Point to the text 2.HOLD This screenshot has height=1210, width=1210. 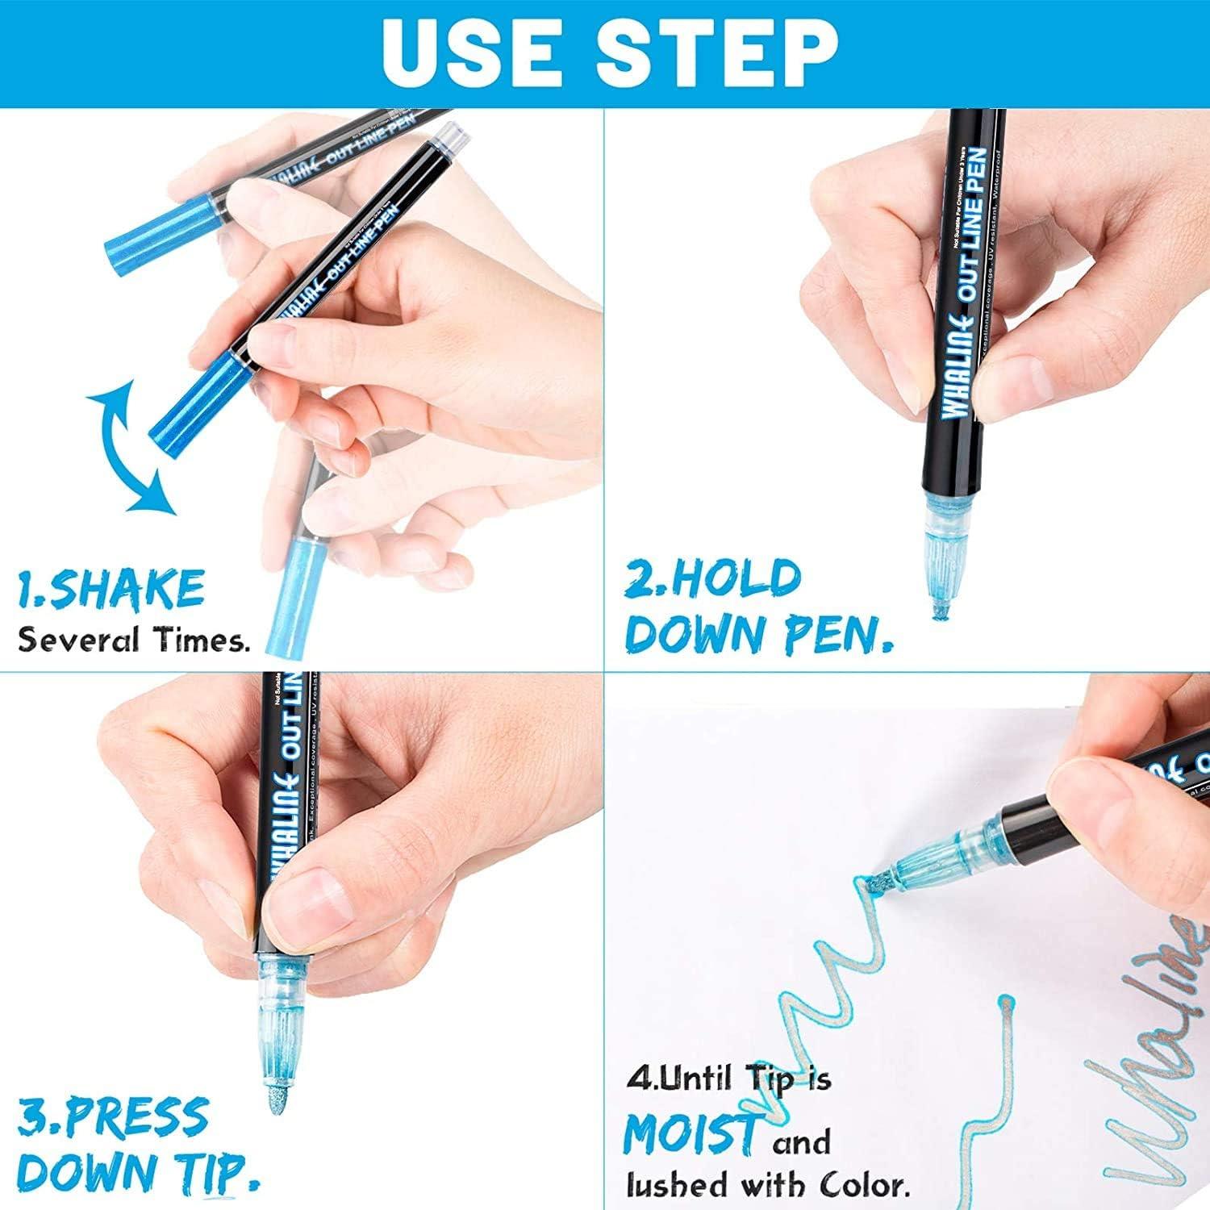[713, 579]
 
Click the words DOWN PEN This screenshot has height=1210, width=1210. [758, 635]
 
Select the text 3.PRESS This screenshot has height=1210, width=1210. [113, 1117]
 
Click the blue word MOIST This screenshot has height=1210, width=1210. [692, 1134]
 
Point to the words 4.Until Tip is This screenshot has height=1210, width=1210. [728, 1079]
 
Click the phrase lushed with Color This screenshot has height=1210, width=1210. [768, 1184]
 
